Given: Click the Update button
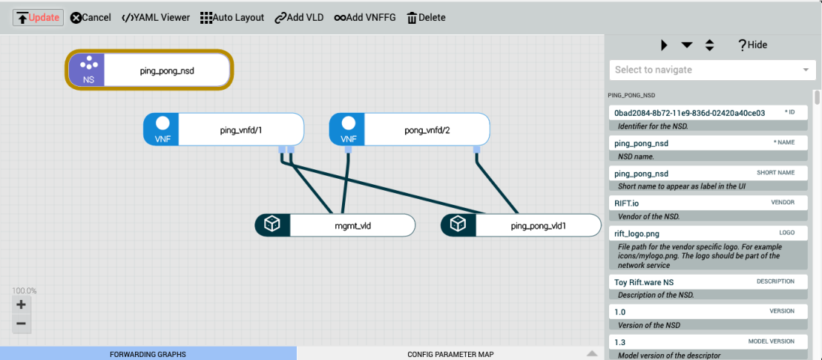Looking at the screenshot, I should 38,18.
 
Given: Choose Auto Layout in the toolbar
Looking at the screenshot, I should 232,18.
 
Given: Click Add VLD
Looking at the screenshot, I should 299,18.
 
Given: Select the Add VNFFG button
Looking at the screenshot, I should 366,18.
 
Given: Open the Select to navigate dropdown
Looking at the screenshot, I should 711,70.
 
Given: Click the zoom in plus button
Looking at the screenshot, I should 21,305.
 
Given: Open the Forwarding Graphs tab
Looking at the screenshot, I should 148,354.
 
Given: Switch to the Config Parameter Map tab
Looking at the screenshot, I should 450,354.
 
